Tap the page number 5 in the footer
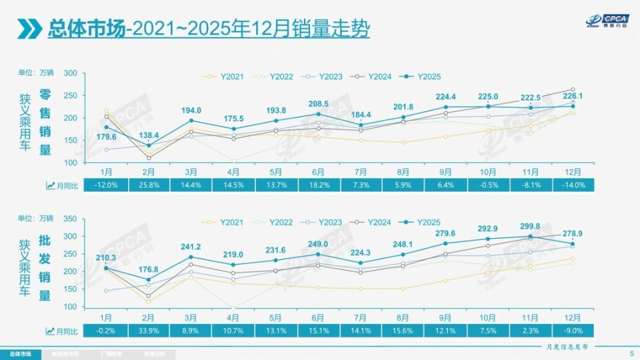tap(631, 353)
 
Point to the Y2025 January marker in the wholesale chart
tap(105, 268)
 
